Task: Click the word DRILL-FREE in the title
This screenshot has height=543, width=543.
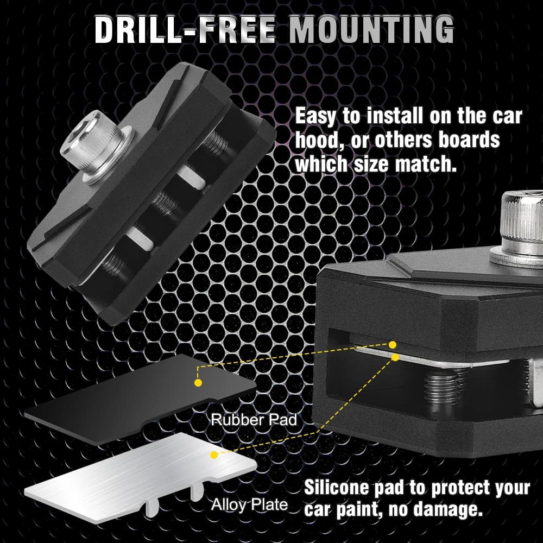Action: (185, 30)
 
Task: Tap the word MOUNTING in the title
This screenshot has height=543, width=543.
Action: (371, 30)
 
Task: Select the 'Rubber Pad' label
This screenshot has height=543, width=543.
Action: (254, 420)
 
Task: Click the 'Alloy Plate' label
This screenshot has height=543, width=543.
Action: (249, 504)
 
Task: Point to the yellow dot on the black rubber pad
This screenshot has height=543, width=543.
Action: (198, 383)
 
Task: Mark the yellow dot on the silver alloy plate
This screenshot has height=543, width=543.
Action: (214, 454)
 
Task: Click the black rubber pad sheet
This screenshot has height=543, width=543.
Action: (140, 398)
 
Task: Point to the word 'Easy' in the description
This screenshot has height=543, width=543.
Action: (315, 116)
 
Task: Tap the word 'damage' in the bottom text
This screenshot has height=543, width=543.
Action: (448, 509)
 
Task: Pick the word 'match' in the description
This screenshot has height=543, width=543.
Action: (426, 163)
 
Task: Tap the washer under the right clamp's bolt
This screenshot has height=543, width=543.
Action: (516, 260)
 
